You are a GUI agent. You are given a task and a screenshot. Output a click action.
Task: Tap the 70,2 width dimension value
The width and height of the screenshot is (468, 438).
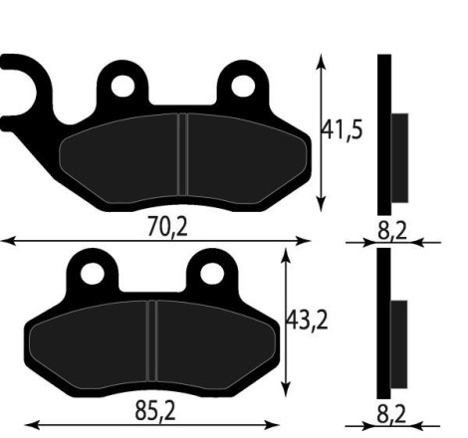tap(167, 227)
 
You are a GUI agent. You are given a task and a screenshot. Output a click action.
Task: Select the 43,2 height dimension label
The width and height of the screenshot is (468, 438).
tap(308, 321)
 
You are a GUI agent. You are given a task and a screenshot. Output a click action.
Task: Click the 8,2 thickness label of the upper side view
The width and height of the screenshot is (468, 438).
tap(393, 230)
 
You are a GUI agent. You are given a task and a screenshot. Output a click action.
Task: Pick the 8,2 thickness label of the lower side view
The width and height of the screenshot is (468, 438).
tap(393, 410)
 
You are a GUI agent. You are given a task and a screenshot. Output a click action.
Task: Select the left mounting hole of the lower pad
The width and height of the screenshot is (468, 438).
tap(92, 272)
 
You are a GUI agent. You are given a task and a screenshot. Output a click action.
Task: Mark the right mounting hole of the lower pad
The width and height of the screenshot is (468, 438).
tap(210, 272)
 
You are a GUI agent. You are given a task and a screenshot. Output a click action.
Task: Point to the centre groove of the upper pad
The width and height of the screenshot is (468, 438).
tap(183, 154)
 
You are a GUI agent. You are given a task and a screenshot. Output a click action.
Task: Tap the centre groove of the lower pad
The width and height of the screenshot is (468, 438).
tap(152, 339)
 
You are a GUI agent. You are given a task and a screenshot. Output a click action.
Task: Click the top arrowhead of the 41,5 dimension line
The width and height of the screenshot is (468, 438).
tap(321, 61)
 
